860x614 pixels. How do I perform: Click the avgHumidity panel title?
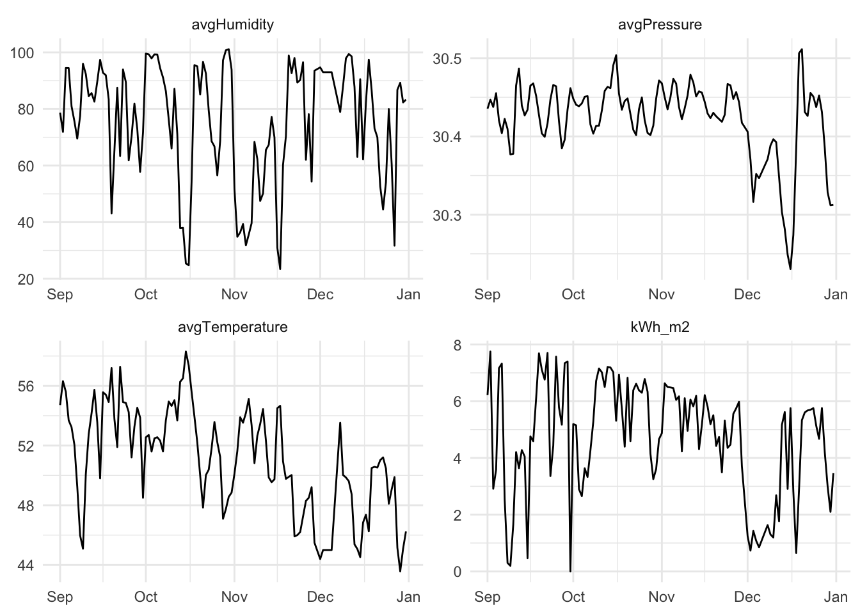tap(233, 25)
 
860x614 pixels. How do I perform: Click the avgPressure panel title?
tap(660, 25)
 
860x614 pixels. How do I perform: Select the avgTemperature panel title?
tap(233, 327)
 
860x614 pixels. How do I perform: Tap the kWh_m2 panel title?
tap(660, 327)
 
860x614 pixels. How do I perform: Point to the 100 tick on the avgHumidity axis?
tap(23, 52)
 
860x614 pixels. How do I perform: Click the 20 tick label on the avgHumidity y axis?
tap(27, 279)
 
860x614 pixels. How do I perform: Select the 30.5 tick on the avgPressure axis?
tap(450, 59)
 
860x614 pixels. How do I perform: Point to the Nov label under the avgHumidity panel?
tap(234, 294)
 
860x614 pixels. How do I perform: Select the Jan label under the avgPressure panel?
tap(836, 294)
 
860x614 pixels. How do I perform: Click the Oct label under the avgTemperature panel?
tap(146, 597)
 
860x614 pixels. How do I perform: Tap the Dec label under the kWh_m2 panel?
tap(747, 597)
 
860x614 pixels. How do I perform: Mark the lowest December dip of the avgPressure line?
tap(791, 269)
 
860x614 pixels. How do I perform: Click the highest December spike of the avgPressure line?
tap(802, 49)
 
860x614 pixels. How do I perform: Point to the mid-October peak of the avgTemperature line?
tap(186, 351)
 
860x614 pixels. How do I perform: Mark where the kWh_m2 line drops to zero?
tap(570, 571)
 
